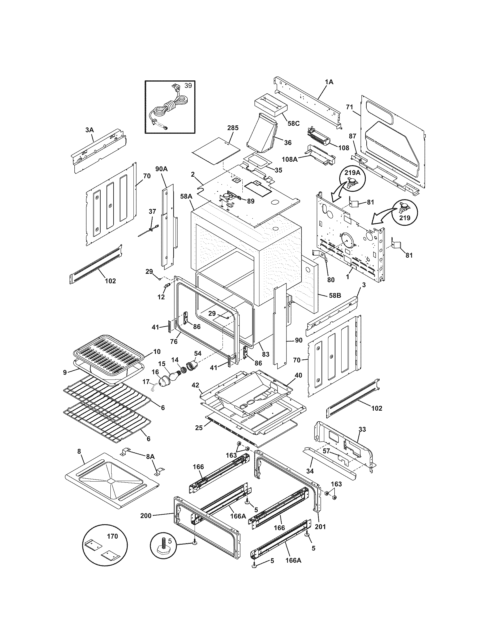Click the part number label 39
[188, 86]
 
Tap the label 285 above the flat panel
[233, 128]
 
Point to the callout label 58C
[293, 123]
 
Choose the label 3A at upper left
[89, 130]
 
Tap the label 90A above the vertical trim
[161, 169]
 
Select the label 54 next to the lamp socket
[198, 353]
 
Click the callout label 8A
[150, 457]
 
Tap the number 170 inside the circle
[112, 536]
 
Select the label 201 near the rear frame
[320, 527]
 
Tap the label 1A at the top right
[329, 82]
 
